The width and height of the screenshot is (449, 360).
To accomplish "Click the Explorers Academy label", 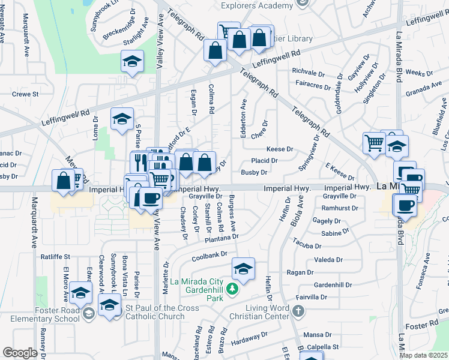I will click(x=259, y=5).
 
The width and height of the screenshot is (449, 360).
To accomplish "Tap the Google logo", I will click(x=20, y=353).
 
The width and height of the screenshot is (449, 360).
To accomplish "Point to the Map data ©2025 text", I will click(x=423, y=355).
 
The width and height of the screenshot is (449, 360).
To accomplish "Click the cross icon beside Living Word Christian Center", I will click(x=299, y=311).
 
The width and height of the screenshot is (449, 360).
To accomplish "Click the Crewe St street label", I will click(x=25, y=94).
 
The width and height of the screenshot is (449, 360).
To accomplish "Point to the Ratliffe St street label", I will click(x=55, y=257).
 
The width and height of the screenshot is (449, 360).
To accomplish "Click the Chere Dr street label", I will click(x=259, y=128).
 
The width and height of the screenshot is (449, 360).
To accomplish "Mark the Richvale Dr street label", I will click(x=308, y=71).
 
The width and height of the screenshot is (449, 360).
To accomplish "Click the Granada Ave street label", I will click(x=424, y=89).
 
